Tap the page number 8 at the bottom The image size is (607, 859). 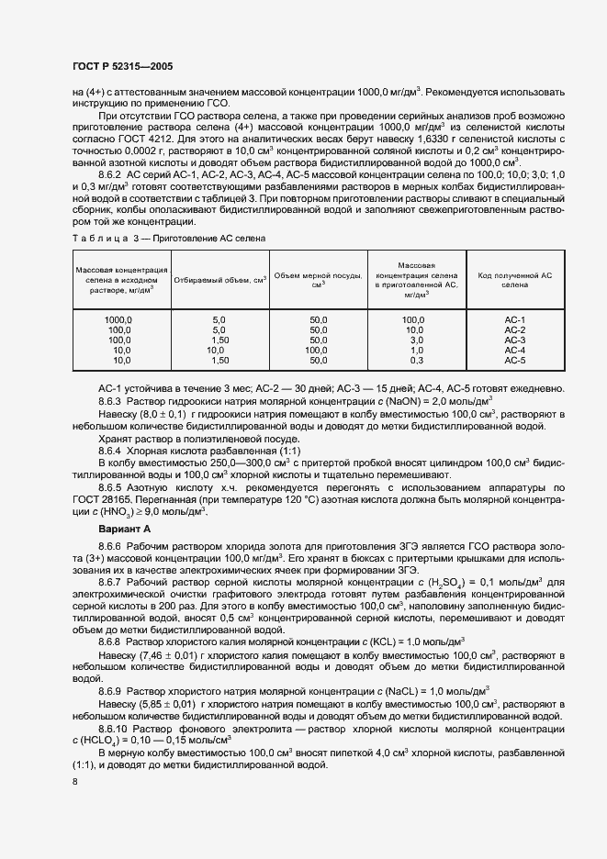[74, 780]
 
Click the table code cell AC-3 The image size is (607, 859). [514, 340]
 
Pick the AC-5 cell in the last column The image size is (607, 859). [514, 361]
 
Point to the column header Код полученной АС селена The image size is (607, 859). [514, 280]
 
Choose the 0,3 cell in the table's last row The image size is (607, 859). [415, 361]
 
